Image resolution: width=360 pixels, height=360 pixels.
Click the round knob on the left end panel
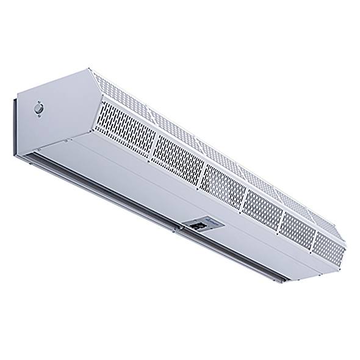(40, 109)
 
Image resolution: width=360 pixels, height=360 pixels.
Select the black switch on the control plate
(196, 226)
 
